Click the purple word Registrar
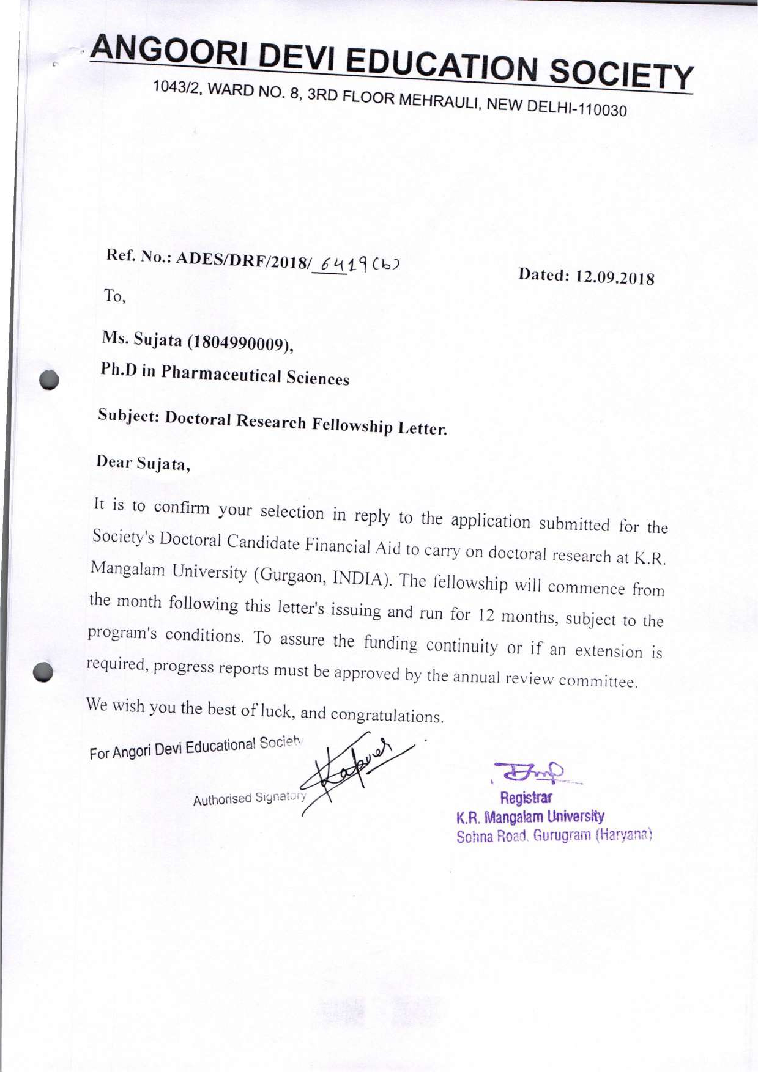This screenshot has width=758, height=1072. (x=526, y=798)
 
